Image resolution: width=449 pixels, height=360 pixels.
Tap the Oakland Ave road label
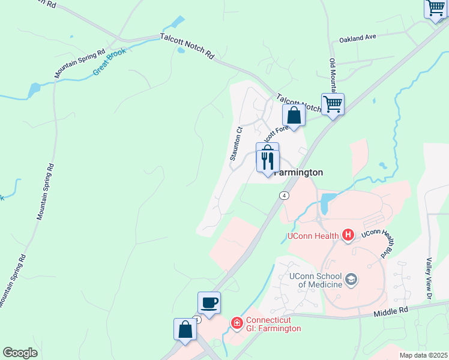(357, 37)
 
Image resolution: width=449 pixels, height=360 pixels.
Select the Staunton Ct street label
(235, 143)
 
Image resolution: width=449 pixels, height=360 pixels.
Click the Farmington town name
(298, 172)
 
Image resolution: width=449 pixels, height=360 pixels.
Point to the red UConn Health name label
(313, 236)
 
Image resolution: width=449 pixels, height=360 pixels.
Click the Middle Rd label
(390, 312)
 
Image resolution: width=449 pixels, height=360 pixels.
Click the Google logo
(20, 352)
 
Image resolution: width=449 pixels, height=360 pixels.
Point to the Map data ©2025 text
(423, 355)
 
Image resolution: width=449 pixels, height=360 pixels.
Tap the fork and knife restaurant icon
(267, 161)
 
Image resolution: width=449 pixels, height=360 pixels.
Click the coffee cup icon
(209, 302)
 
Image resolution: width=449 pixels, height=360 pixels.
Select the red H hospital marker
(348, 235)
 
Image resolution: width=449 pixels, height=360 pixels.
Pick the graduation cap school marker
(351, 279)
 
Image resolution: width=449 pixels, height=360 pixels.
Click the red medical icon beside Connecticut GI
(237, 324)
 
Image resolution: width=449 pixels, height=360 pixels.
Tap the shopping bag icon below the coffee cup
(185, 329)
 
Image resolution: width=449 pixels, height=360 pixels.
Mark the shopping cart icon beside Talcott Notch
(333, 104)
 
